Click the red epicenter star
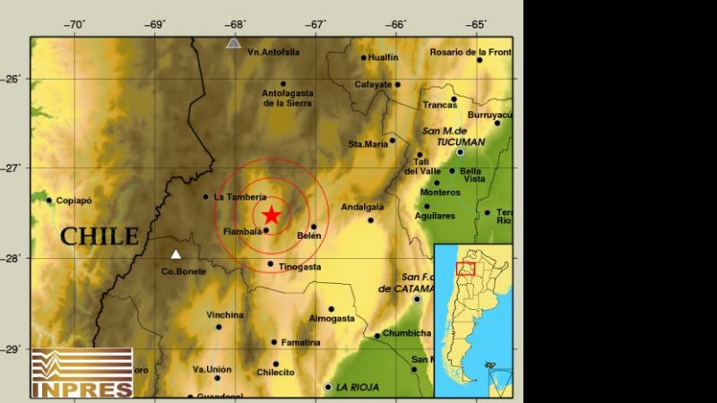tap(272, 215)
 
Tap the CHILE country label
tap(99, 236)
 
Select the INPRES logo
tap(82, 373)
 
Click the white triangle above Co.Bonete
tap(176, 253)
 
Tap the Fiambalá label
tap(242, 233)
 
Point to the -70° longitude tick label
tap(75, 24)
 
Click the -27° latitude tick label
tap(13, 168)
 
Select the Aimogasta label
tap(333, 318)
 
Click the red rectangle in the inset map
tap(465, 268)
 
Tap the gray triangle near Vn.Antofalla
tap(234, 42)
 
